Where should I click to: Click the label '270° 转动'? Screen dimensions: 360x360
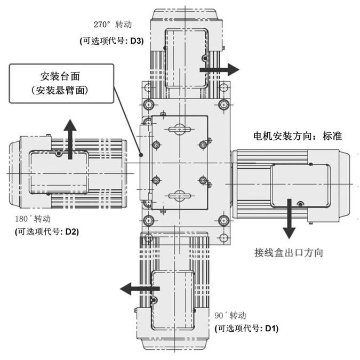[112, 25]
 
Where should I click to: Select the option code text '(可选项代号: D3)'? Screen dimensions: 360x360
[111, 41]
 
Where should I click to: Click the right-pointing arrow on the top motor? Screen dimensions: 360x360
[219, 69]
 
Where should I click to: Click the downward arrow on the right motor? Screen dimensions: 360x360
[289, 218]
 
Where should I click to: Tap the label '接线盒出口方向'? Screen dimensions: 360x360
[289, 252]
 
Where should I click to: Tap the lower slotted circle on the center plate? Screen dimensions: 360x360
[179, 195]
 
